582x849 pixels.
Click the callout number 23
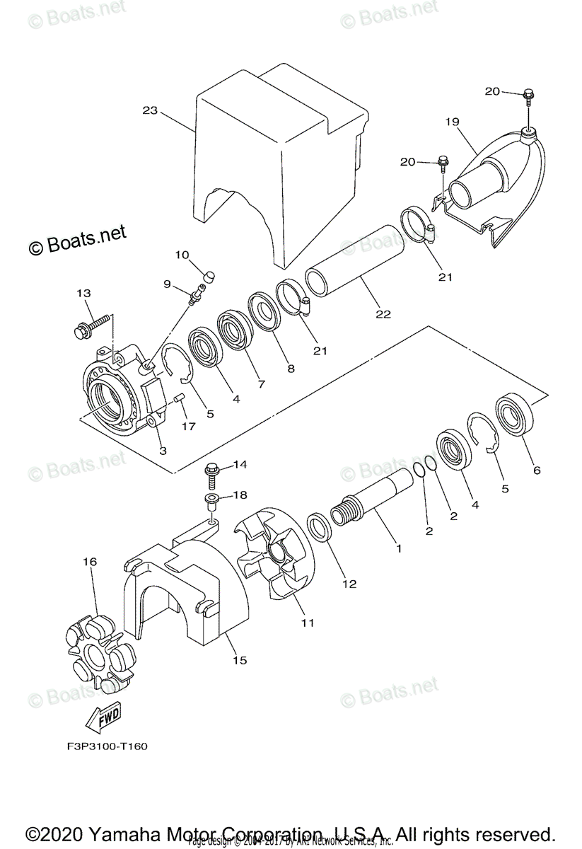149,110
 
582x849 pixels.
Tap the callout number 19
453,122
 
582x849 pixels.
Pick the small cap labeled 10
209,275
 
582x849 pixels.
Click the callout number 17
187,426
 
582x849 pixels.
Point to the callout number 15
240,660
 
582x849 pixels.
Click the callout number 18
240,495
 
